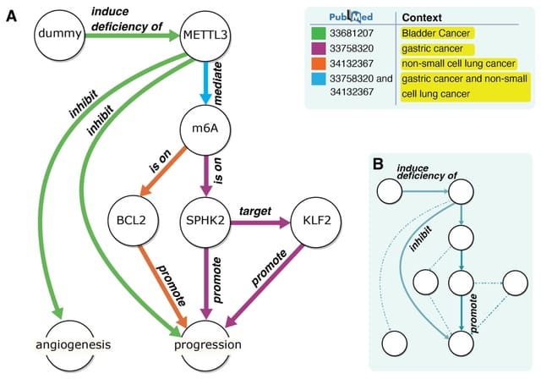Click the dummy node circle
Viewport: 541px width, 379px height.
click(x=58, y=35)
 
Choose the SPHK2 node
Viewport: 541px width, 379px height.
click(x=207, y=224)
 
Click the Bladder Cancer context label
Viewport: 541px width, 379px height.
click(x=436, y=33)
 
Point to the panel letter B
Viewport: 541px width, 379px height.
click(x=378, y=162)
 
